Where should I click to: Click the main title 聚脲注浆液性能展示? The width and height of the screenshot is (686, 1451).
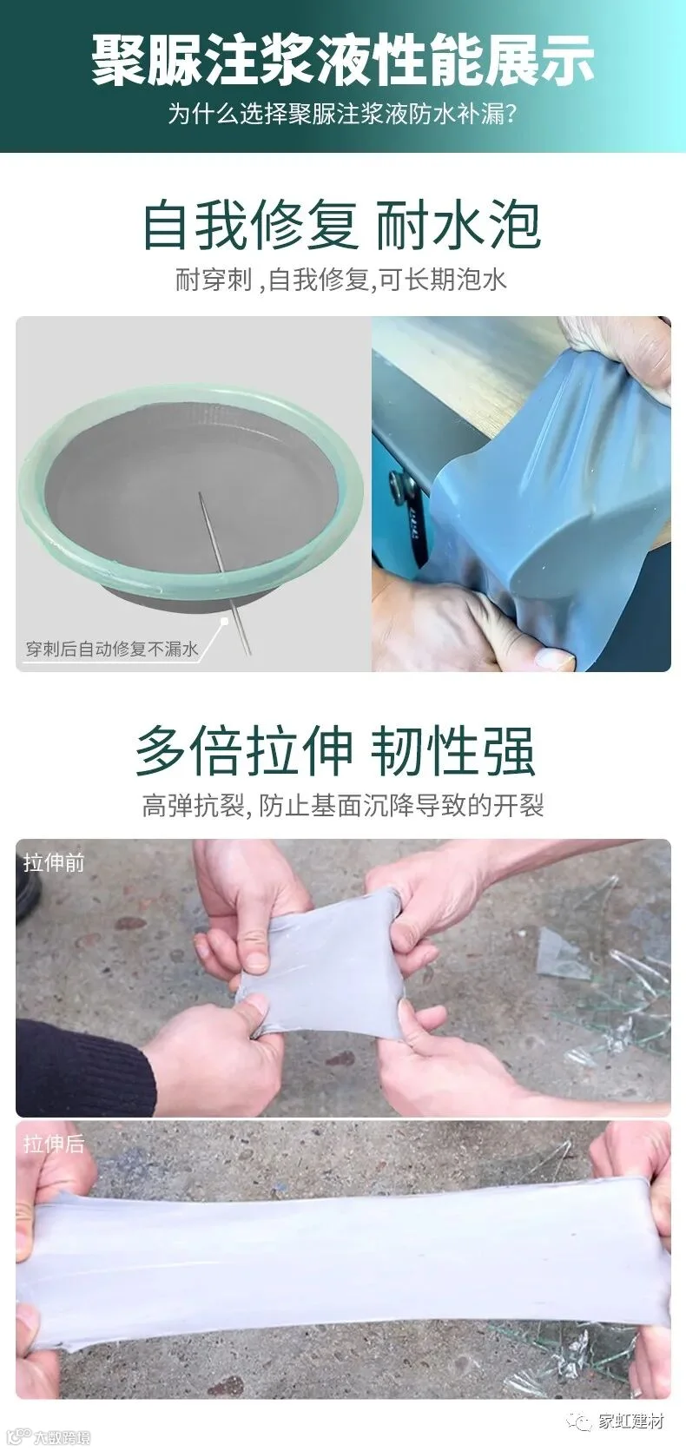point(343,60)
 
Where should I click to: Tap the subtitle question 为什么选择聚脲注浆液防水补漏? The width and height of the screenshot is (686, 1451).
point(343,115)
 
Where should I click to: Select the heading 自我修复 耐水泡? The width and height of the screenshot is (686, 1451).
point(342,225)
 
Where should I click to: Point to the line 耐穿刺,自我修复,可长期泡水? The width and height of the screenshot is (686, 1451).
point(341,280)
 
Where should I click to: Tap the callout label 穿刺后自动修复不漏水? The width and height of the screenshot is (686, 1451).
point(112,649)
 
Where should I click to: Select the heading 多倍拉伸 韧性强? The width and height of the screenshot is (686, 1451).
point(335,751)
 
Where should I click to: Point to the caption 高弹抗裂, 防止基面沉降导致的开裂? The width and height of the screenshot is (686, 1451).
point(343,806)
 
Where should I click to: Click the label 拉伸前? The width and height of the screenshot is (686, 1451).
point(54,862)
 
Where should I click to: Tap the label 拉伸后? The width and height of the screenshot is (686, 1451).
point(54,1144)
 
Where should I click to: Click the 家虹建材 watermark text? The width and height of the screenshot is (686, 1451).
point(631,1421)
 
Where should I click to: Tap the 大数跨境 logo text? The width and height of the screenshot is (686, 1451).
point(63,1437)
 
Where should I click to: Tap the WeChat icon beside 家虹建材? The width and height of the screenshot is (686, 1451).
point(579,1422)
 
